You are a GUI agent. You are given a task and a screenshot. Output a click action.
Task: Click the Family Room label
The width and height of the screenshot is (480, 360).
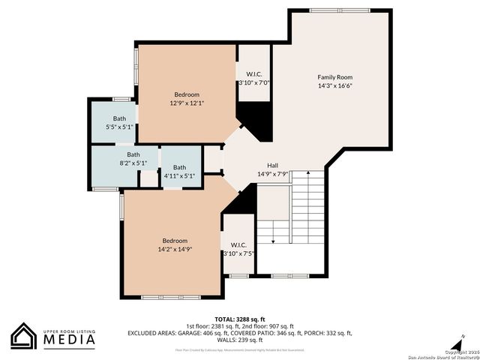tap(334, 77)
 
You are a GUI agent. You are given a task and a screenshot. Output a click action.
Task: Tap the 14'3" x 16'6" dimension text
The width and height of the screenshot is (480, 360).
tap(334, 85)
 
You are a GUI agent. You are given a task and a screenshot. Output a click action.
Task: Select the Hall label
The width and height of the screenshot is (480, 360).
tap(273, 166)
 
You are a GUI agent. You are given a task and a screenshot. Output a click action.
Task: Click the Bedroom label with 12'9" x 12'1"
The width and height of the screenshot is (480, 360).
tap(187, 94)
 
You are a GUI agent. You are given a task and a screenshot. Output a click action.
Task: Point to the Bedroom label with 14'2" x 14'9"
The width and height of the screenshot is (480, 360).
tap(175, 241)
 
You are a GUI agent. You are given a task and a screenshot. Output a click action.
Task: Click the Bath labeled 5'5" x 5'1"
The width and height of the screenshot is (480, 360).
tap(119, 118)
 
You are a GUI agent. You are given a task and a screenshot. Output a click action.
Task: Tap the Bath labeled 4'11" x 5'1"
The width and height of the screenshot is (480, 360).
tap(179, 167)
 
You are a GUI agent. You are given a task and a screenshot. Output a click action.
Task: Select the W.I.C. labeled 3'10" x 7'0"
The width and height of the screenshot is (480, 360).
tap(253, 74)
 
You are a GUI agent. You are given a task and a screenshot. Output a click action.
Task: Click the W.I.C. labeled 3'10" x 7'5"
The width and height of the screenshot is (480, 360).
tap(238, 244)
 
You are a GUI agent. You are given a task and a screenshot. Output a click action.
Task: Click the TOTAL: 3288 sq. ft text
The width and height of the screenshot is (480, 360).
tap(240, 318)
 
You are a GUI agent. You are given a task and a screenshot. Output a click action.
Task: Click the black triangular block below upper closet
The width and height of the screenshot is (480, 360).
tap(255, 120)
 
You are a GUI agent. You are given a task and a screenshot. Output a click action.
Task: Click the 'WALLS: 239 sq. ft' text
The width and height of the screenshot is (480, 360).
tap(240, 340)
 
